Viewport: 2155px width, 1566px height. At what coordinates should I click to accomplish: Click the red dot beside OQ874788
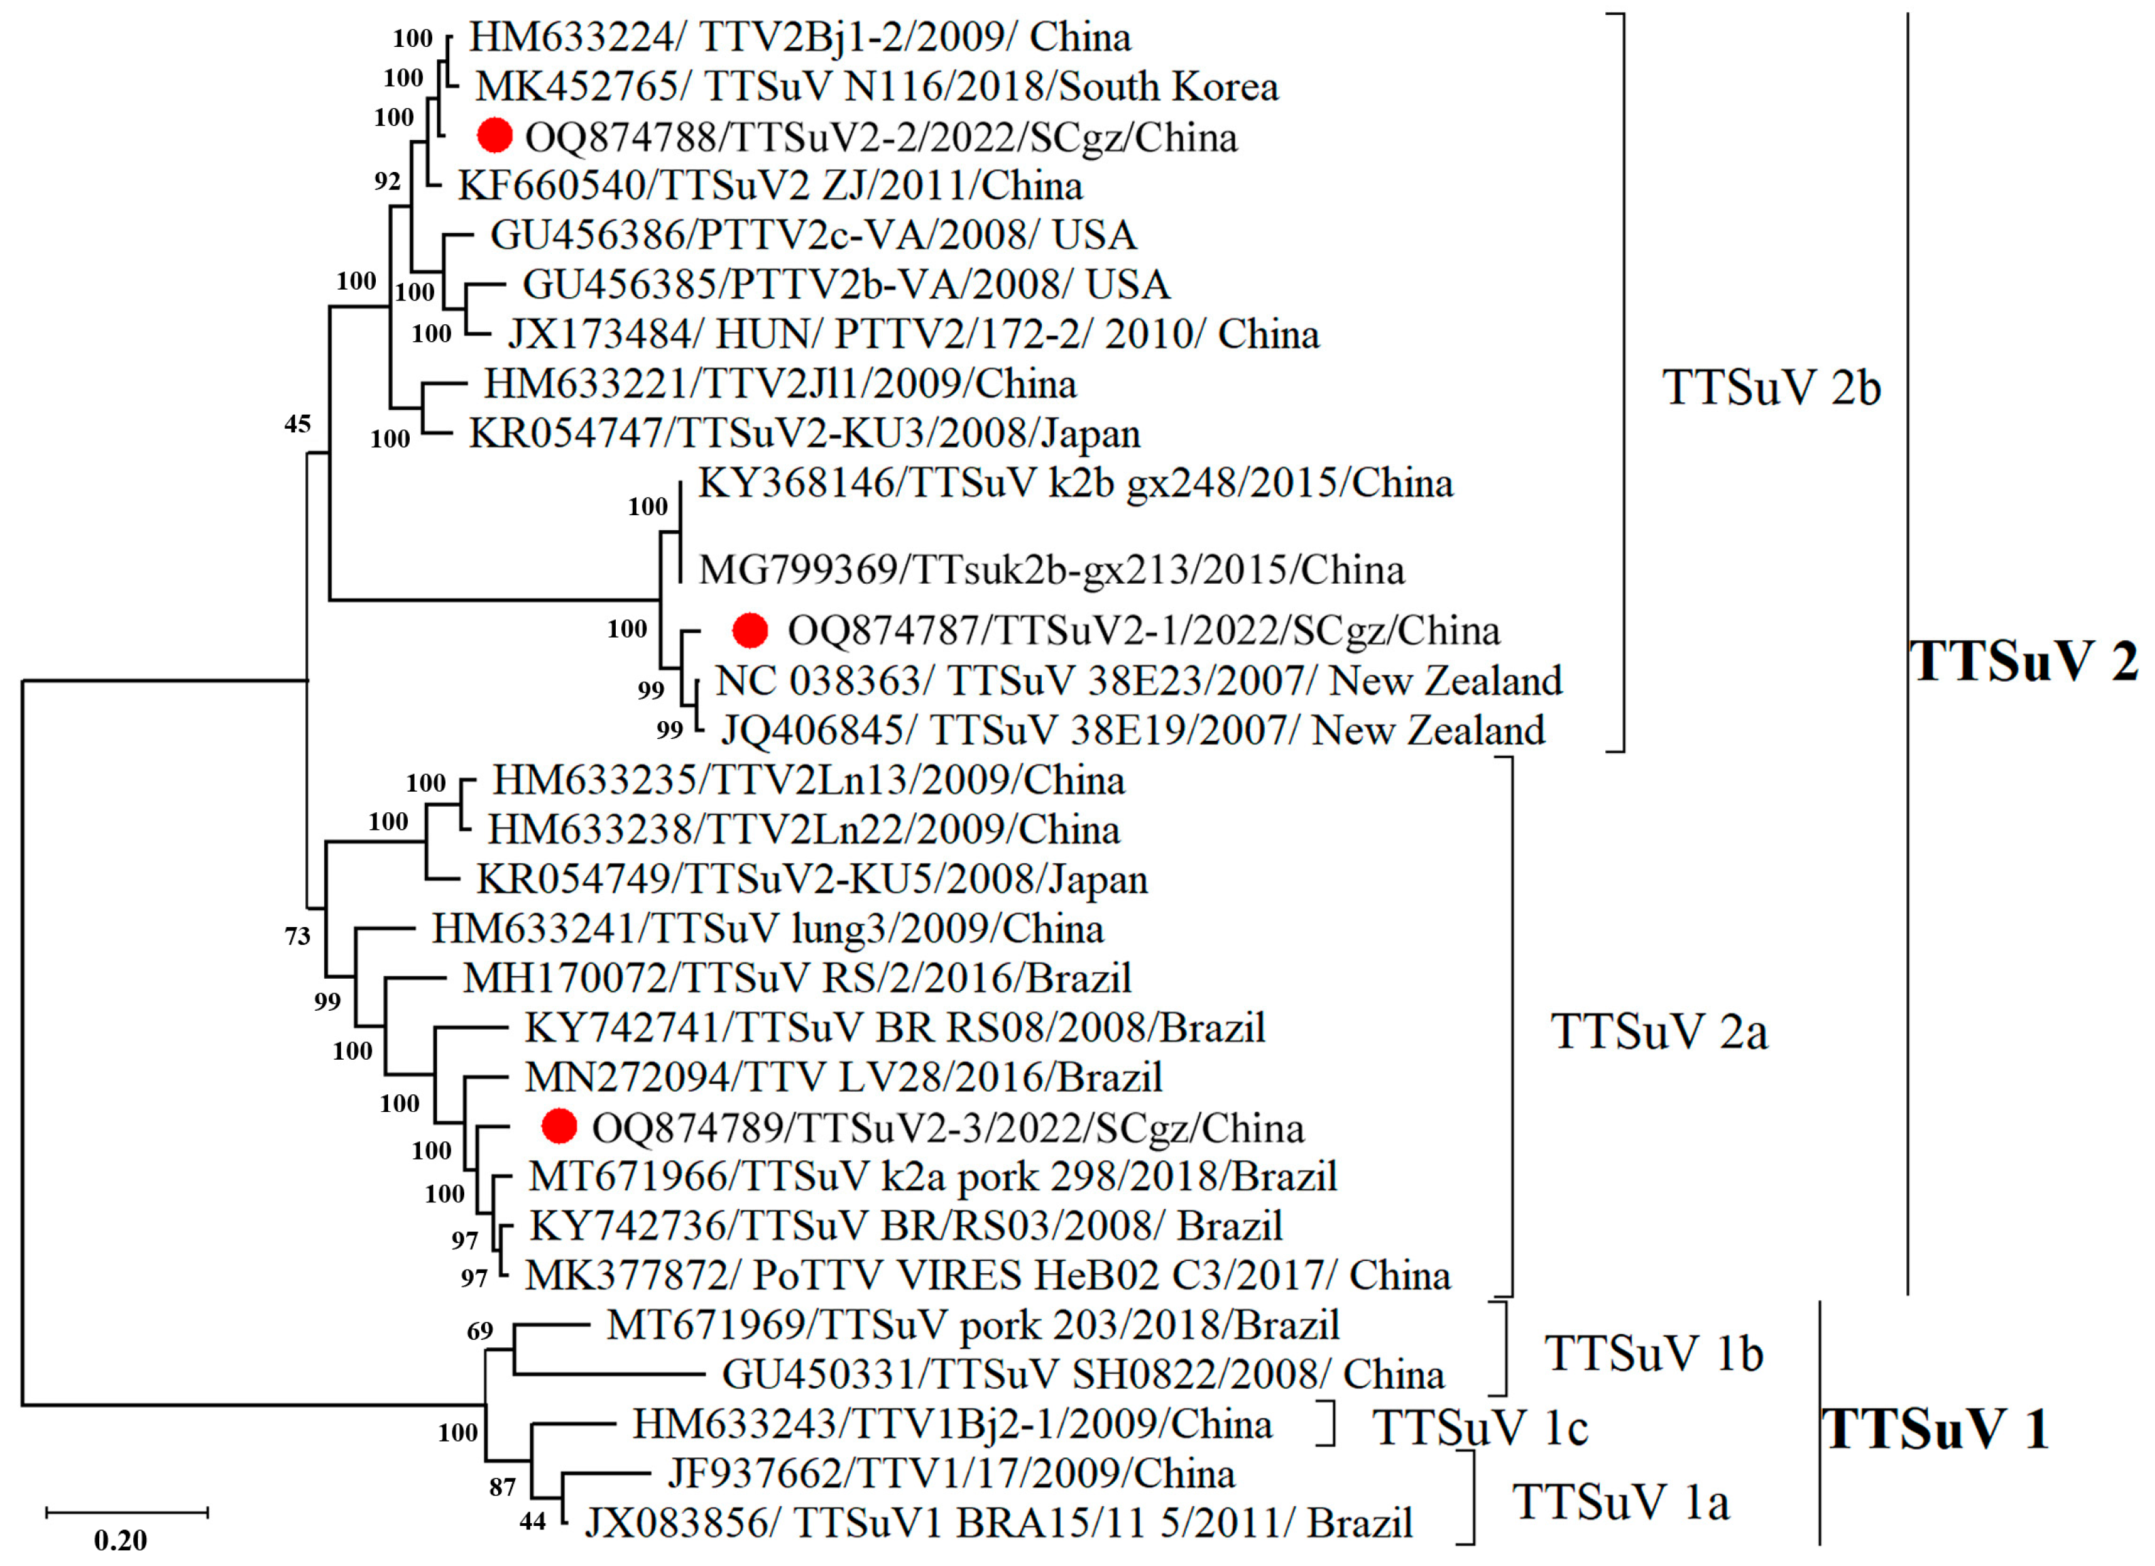[x=494, y=136]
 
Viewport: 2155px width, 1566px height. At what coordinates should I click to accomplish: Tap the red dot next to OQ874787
[x=750, y=629]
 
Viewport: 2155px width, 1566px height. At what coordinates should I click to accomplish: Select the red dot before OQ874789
[x=559, y=1126]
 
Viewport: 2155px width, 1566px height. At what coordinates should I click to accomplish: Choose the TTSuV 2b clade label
[x=1771, y=387]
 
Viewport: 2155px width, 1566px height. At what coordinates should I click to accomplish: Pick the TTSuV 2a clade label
[x=1659, y=1031]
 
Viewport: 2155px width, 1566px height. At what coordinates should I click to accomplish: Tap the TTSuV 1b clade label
[x=1653, y=1353]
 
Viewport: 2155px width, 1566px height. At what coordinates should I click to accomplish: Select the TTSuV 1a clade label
[x=1621, y=1502]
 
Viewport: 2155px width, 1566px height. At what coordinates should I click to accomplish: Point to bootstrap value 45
[x=298, y=424]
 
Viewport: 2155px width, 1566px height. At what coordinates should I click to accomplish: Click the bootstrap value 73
[x=298, y=936]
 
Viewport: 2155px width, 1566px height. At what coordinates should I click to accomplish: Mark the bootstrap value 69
[x=480, y=1332]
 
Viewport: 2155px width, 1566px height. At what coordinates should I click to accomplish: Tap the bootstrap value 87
[x=503, y=1487]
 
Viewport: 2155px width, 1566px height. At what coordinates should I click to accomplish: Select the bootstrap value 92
[x=387, y=181]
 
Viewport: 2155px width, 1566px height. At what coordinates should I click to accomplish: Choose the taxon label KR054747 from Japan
[x=804, y=434]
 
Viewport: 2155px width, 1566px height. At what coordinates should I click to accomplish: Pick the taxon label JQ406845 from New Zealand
[x=1133, y=730]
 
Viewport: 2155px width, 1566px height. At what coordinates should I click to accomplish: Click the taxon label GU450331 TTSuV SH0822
[x=1083, y=1374]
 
